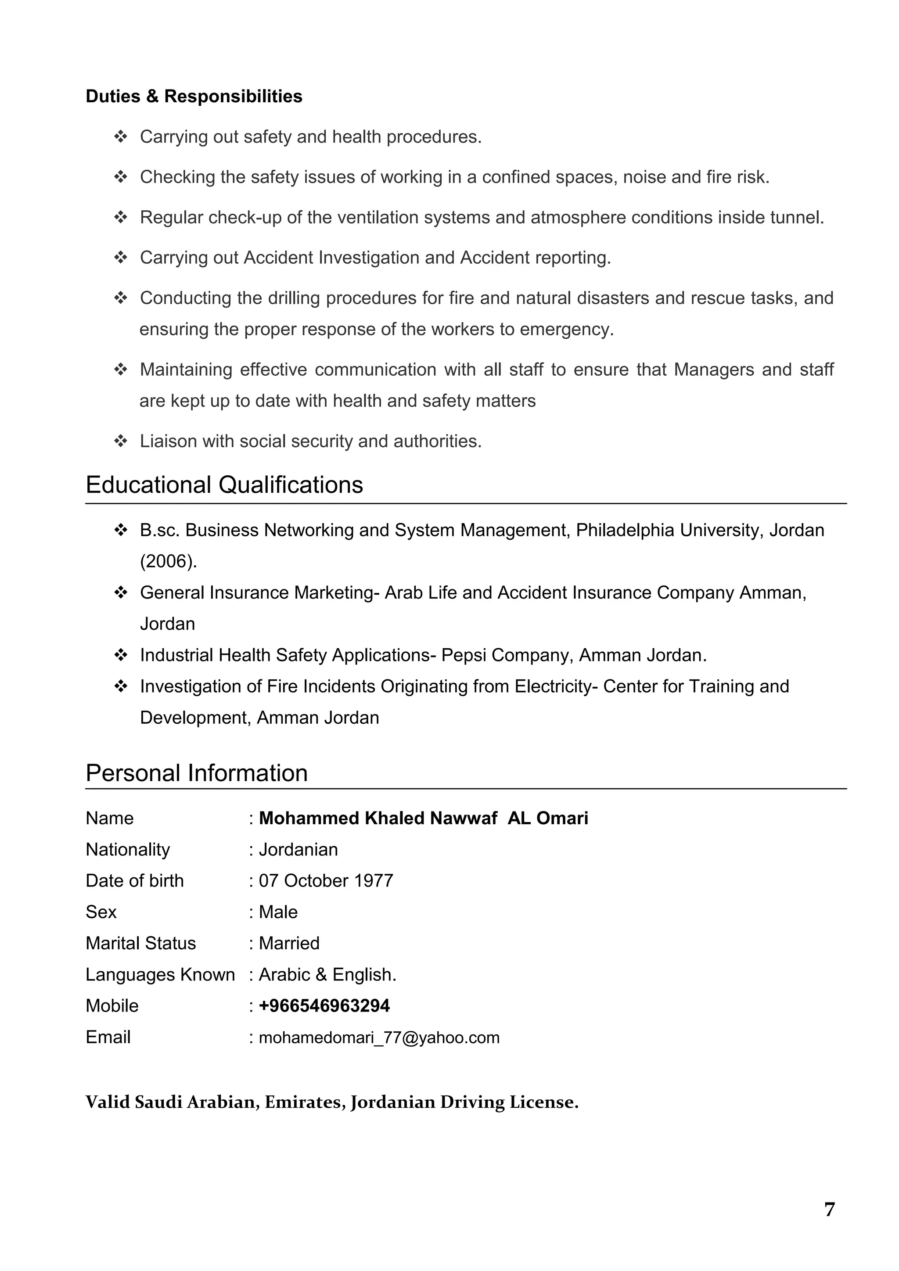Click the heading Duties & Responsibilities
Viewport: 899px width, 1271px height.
pyautogui.click(x=194, y=96)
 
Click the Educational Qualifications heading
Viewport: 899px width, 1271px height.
pyautogui.click(x=224, y=485)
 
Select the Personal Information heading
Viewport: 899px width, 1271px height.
pyautogui.click(x=197, y=773)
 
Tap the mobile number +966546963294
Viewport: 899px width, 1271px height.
pyautogui.click(x=324, y=1006)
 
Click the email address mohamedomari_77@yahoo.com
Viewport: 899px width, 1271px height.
pyautogui.click(x=379, y=1038)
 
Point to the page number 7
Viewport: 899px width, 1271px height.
pyautogui.click(x=829, y=1210)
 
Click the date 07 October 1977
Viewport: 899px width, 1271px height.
pyautogui.click(x=326, y=881)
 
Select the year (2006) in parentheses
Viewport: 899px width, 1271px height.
pyautogui.click(x=168, y=561)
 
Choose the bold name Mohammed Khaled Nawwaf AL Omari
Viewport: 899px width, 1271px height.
pyautogui.click(x=424, y=818)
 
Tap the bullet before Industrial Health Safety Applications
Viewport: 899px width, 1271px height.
pyautogui.click(x=120, y=655)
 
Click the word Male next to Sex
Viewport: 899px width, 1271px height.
pyautogui.click(x=278, y=912)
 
